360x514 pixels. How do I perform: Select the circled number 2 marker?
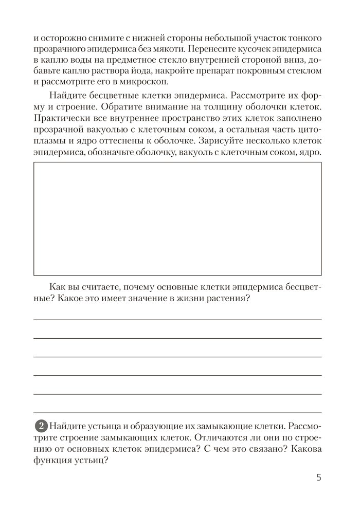pos(41,427)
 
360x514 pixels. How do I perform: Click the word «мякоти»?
pos(167,49)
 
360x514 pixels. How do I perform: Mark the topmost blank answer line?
pos(177,320)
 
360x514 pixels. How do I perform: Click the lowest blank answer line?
pos(177,412)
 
